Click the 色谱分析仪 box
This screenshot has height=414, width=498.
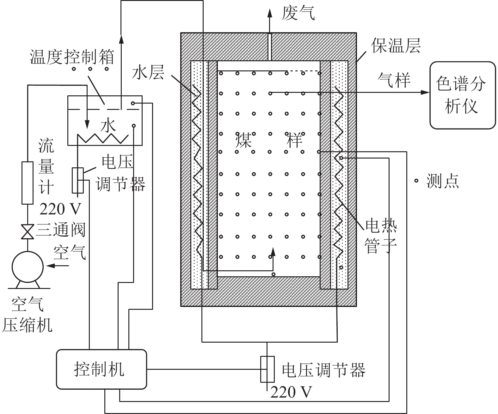click(462, 95)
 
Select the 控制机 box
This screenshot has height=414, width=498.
click(101, 369)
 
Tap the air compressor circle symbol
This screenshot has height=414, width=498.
click(27, 267)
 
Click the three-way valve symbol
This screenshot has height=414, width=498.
click(27, 231)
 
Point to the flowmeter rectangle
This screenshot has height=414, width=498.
click(27, 183)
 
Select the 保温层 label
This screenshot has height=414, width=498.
click(396, 46)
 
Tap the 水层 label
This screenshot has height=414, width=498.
click(148, 72)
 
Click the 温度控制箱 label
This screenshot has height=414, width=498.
click(72, 57)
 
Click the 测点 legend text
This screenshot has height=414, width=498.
click(442, 181)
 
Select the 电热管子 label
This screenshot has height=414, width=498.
click(381, 236)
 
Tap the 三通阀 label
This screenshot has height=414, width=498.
click(61, 230)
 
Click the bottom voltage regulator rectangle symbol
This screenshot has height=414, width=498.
click(267, 369)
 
